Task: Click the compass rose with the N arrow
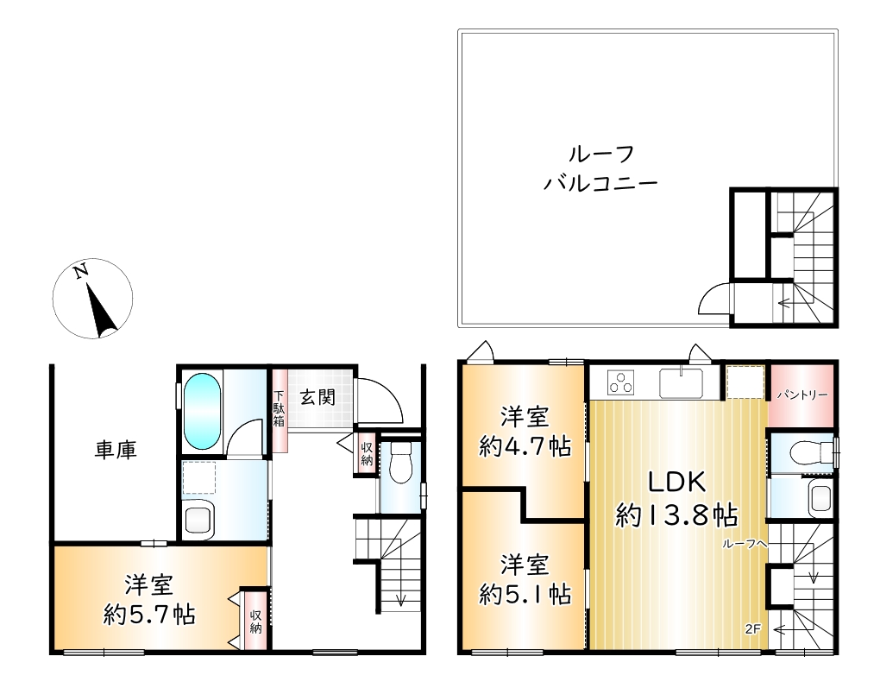pyautogui.click(x=92, y=298)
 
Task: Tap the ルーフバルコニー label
pyautogui.click(x=601, y=168)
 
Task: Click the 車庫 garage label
pyautogui.click(x=116, y=450)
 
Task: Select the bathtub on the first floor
pyautogui.click(x=202, y=411)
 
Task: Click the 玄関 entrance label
pyautogui.click(x=317, y=397)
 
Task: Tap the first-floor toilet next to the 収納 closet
pyautogui.click(x=400, y=462)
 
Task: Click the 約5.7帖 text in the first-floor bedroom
pyautogui.click(x=149, y=615)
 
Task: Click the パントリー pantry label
pyautogui.click(x=802, y=395)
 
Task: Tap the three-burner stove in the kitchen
pyautogui.click(x=620, y=382)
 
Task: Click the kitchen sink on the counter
pyautogui.click(x=682, y=382)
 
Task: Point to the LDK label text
pyautogui.click(x=677, y=483)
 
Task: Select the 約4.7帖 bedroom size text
pyautogui.click(x=525, y=447)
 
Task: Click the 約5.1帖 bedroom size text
pyautogui.click(x=525, y=594)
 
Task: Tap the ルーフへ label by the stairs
pyautogui.click(x=744, y=544)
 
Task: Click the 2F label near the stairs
pyautogui.click(x=752, y=629)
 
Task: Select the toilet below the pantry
pyautogui.click(x=810, y=451)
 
